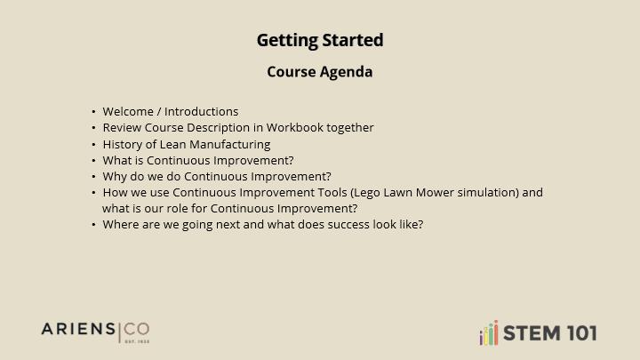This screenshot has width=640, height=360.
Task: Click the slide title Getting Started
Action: (x=320, y=40)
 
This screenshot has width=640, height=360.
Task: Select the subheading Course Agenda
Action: (x=320, y=72)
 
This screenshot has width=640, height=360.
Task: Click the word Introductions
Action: (x=201, y=111)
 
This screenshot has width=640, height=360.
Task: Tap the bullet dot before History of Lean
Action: (x=93, y=145)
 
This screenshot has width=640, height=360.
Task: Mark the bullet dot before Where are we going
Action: (x=93, y=225)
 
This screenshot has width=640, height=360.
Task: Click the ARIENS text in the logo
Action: (x=78, y=329)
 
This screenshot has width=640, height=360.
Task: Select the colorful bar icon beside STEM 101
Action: (x=489, y=332)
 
